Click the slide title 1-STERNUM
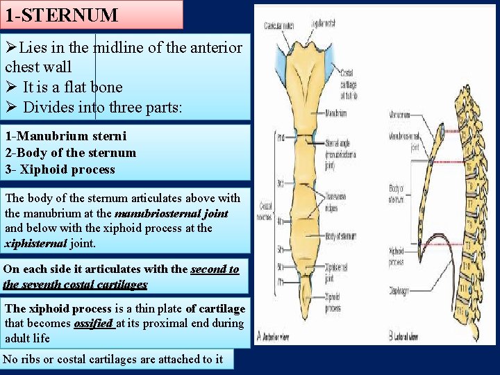pos(62,14)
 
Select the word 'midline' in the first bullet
pos(117,48)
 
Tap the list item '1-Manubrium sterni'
pos(56,136)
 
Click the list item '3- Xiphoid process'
pos(60,169)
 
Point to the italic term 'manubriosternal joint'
pos(171,213)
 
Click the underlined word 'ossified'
pos(94,324)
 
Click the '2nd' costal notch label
pos(281,137)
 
